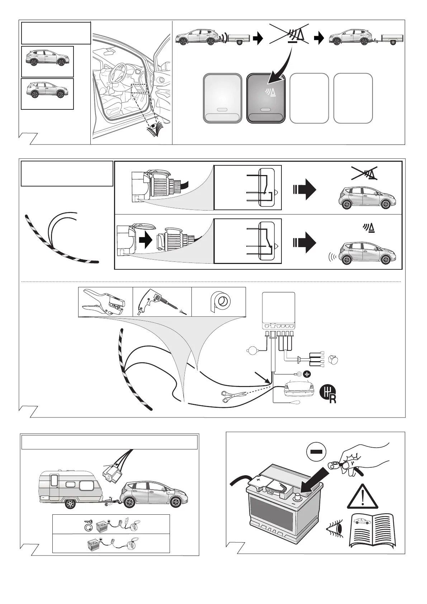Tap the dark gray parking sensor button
(266, 98)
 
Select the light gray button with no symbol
(222, 98)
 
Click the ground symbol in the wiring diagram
(307, 374)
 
